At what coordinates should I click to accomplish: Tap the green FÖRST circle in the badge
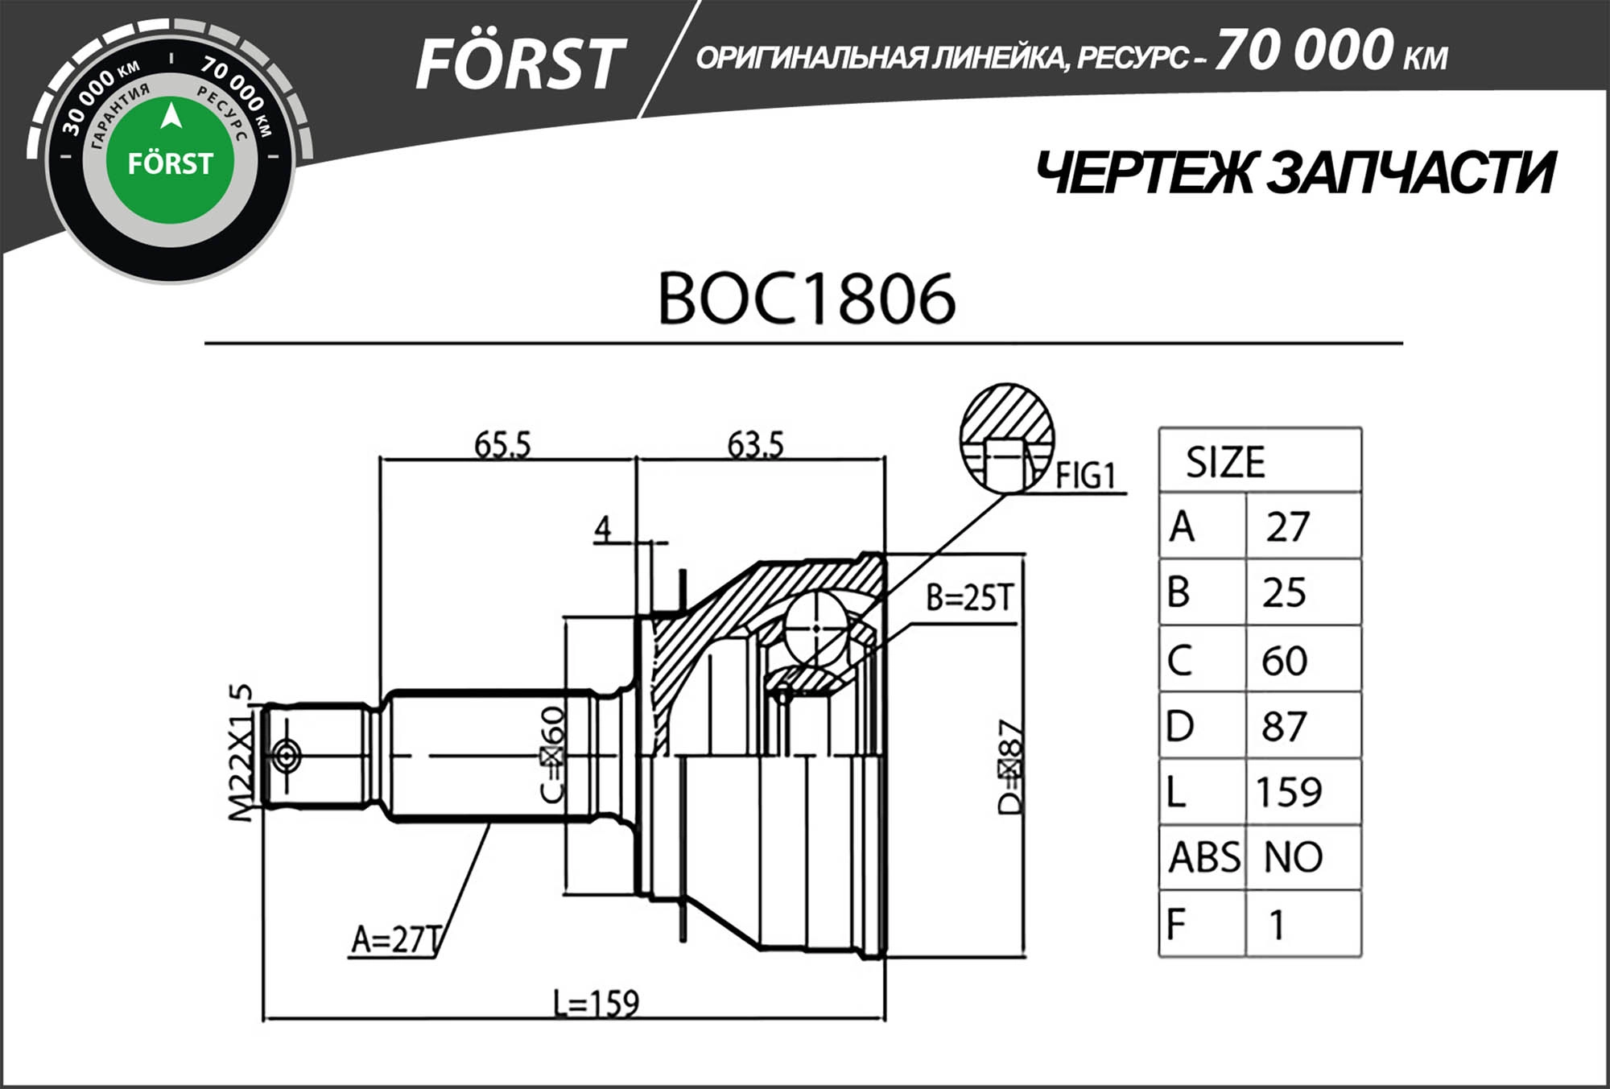click(x=170, y=161)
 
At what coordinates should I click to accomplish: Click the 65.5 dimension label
click(x=502, y=444)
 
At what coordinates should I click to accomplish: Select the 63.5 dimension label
click(x=755, y=444)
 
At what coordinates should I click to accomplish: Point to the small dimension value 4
click(x=603, y=529)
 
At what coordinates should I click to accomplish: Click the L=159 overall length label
click(x=596, y=1003)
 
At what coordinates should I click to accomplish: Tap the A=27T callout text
click(x=396, y=938)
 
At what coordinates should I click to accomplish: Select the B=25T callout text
click(x=968, y=597)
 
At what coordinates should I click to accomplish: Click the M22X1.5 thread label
click(x=241, y=753)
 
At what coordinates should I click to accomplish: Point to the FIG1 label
click(x=1085, y=476)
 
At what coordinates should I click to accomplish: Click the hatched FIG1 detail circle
click(x=1006, y=437)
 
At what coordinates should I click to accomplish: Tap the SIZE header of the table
click(x=1225, y=462)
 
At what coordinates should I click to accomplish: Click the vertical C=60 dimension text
click(x=552, y=754)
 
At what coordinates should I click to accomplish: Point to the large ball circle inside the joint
click(x=815, y=628)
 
